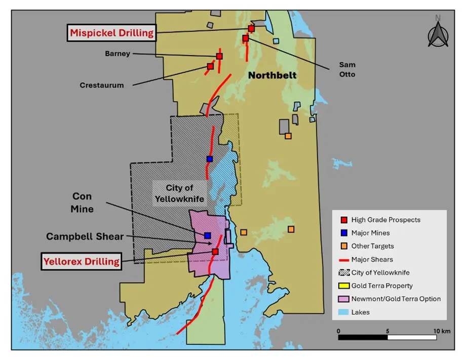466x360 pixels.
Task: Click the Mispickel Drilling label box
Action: (x=112, y=33)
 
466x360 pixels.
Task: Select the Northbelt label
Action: (x=272, y=75)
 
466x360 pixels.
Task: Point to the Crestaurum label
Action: (x=102, y=85)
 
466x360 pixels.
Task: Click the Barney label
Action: (x=118, y=53)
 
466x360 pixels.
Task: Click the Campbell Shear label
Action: (x=85, y=236)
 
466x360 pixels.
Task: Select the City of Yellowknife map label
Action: (x=180, y=193)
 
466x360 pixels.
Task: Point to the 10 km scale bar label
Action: (x=441, y=331)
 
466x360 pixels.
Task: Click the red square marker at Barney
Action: (x=219, y=56)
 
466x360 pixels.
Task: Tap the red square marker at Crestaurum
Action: (x=210, y=66)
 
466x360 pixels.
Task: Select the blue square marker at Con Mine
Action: (x=207, y=235)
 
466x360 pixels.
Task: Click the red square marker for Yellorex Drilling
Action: (x=215, y=251)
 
